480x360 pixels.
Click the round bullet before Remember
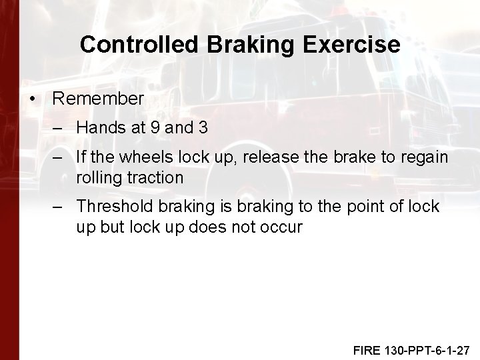click(x=33, y=99)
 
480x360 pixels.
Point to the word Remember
click(x=98, y=99)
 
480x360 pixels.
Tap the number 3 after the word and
click(x=203, y=127)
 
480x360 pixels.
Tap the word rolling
click(x=98, y=177)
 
